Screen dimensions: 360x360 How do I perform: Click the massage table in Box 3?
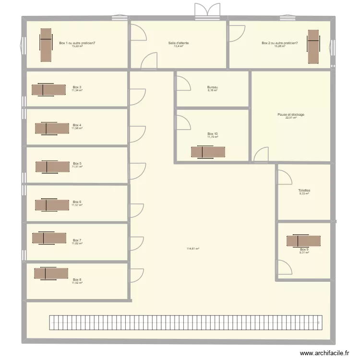pos(49,90)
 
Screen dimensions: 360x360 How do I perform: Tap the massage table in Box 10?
pos(208,152)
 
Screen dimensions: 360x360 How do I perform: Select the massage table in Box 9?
pos(303,241)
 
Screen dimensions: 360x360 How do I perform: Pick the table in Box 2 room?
pos(313,46)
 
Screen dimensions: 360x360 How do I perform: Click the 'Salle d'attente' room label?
pos(179,43)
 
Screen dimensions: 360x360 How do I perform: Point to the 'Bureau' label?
pos(213,87)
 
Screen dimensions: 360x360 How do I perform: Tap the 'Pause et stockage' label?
pos(291,115)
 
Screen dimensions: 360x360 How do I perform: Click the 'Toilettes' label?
pos(304,190)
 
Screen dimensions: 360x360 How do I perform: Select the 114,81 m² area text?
pos(193,249)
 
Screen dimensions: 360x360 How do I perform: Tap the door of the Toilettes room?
pos(285,177)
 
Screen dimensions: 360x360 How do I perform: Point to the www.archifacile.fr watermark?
pos(324,353)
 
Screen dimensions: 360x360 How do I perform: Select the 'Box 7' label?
pos(77,240)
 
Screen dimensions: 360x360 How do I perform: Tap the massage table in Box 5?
pos(52,166)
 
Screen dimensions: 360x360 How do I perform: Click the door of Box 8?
pos(137,275)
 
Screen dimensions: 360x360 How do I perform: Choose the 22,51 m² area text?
pos(291,118)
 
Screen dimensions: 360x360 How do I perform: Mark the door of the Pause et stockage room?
pos(261,155)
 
